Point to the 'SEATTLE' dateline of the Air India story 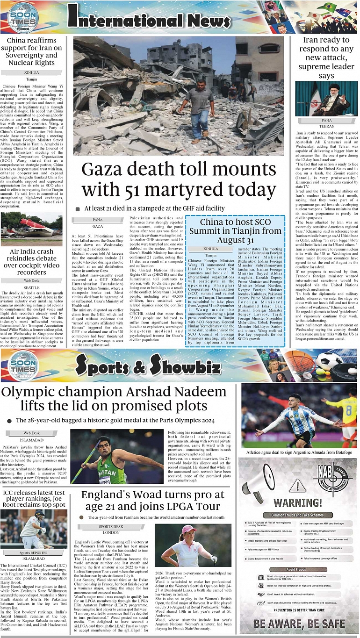pyautogui.click(x=31, y=288)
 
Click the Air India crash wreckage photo pyautogui.click(x=31, y=229)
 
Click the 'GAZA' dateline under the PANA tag pyautogui.click(x=97, y=226)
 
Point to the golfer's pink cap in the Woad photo pyautogui.click(x=188, y=529)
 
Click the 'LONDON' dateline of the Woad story pyautogui.click(x=111, y=532)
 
